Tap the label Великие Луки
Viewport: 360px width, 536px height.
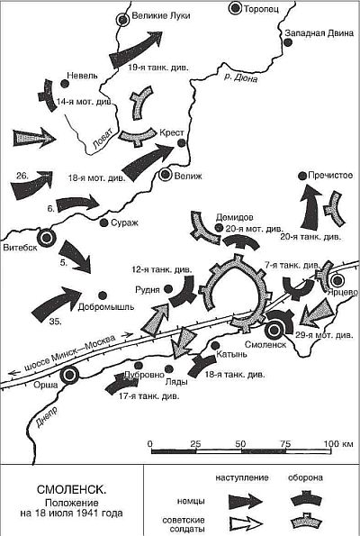(160, 15)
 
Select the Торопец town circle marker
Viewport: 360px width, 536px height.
(235, 8)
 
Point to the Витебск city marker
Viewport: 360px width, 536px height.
(46, 238)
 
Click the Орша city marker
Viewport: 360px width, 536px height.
(69, 376)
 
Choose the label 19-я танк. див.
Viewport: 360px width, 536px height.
(158, 68)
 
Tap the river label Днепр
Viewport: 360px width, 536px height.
(46, 417)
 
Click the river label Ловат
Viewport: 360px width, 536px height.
(102, 140)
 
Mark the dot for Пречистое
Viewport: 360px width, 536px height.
(302, 176)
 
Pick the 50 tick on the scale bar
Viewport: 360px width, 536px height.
(240, 444)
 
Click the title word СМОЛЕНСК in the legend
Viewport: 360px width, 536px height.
(71, 489)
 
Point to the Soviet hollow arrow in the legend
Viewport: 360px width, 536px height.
(246, 523)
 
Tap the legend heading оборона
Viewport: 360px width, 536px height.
(305, 477)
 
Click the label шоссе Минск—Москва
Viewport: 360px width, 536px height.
(70, 353)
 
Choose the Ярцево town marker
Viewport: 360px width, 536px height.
(337, 281)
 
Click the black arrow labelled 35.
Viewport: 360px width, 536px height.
(57, 304)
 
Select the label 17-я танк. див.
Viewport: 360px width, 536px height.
(148, 396)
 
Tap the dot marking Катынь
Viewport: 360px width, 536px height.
(215, 346)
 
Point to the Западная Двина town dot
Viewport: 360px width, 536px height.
(288, 42)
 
